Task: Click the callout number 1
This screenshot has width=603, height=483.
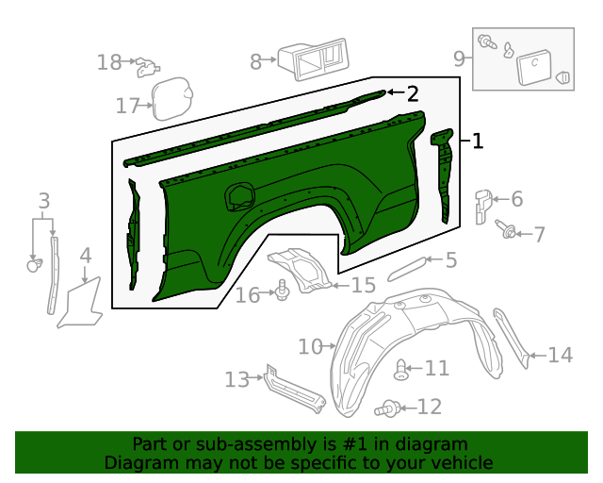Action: pos(478,142)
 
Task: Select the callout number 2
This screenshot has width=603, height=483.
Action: pos(412,92)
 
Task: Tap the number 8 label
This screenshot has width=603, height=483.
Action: pos(256,62)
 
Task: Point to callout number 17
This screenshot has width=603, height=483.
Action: pos(128,106)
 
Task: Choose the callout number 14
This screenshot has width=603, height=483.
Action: pos(560,355)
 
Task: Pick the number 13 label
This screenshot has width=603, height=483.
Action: pos(237,379)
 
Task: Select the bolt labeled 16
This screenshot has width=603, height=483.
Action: pos(283,293)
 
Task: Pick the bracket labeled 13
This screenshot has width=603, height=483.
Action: pos(294,390)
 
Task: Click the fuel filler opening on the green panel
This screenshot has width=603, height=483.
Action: pos(239,195)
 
